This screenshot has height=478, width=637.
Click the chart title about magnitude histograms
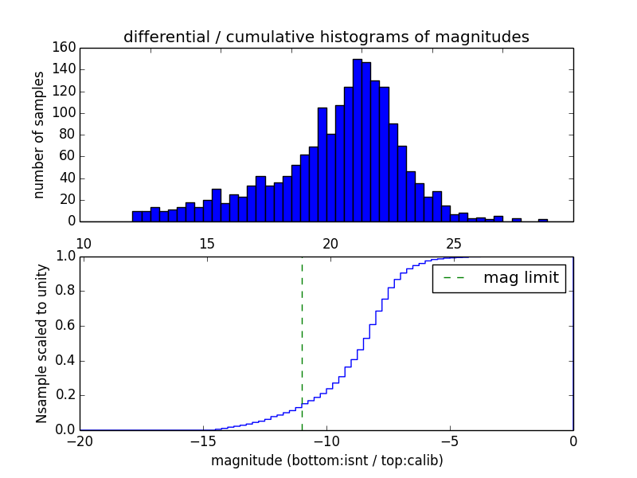click(326, 37)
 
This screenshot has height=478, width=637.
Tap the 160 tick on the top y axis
click(66, 48)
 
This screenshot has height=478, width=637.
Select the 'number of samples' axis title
click(39, 135)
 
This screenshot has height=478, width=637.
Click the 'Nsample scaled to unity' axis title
click(41, 343)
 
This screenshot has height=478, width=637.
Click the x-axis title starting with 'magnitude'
click(326, 460)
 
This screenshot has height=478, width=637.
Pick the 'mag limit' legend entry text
click(521, 278)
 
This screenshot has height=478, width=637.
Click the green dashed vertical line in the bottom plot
click(302, 335)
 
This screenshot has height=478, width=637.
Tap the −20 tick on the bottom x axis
click(80, 442)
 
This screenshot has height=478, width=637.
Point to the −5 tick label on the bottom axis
click(450, 442)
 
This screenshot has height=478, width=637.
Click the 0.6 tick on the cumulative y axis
click(65, 326)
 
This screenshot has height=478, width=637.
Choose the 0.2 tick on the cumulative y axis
click(65, 395)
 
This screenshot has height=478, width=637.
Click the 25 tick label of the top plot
click(454, 243)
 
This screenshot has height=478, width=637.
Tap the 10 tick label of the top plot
click(83, 243)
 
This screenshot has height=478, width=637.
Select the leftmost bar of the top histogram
click(137, 216)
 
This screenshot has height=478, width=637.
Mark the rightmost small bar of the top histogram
click(543, 220)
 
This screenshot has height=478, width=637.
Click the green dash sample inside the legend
click(453, 278)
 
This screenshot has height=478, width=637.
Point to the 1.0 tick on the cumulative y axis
click(65, 257)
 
